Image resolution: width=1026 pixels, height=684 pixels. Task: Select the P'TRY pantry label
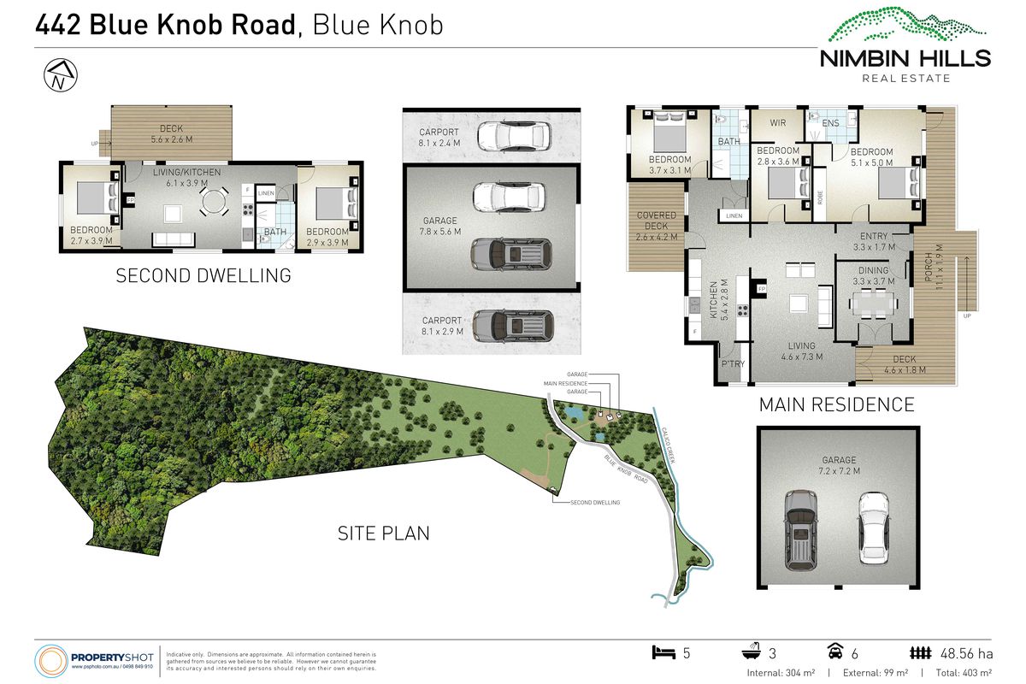(x=734, y=364)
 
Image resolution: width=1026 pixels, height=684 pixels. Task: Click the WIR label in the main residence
(x=777, y=123)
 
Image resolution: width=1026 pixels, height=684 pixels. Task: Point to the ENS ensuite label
(x=830, y=123)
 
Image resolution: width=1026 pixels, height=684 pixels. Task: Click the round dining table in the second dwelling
(x=215, y=202)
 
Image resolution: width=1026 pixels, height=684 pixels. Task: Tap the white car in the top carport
(x=511, y=135)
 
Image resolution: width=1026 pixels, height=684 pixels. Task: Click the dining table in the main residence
(x=873, y=303)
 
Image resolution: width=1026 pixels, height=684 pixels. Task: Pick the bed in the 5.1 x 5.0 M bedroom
(x=897, y=182)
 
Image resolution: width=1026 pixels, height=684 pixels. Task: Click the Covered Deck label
(x=657, y=221)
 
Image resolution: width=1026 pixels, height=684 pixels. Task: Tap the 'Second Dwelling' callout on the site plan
(x=595, y=503)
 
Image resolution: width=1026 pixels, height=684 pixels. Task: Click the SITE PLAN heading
(x=383, y=534)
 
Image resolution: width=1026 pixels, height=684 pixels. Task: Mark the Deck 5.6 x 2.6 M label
(x=171, y=135)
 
